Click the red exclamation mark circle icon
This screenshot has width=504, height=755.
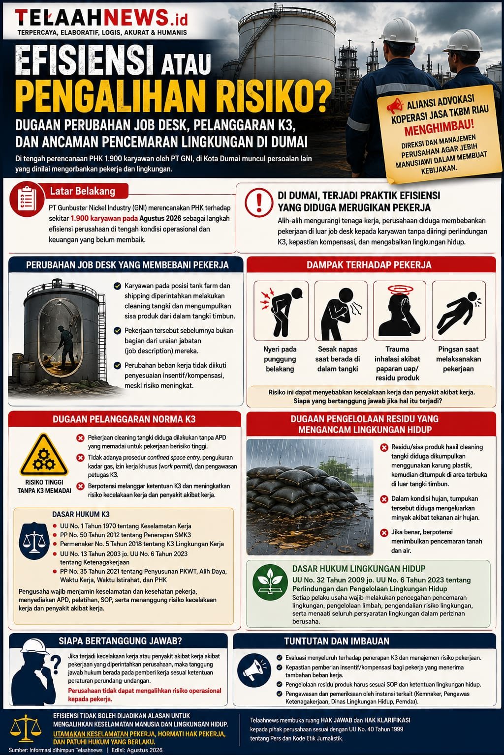click(259, 203)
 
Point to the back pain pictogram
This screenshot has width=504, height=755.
click(281, 311)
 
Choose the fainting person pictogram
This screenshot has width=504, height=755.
click(459, 311)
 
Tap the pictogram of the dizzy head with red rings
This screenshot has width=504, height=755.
click(400, 311)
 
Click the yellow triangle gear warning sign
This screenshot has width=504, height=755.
click(44, 455)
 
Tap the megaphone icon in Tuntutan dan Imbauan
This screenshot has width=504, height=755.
click(253, 671)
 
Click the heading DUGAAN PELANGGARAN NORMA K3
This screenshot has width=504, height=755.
click(124, 419)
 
